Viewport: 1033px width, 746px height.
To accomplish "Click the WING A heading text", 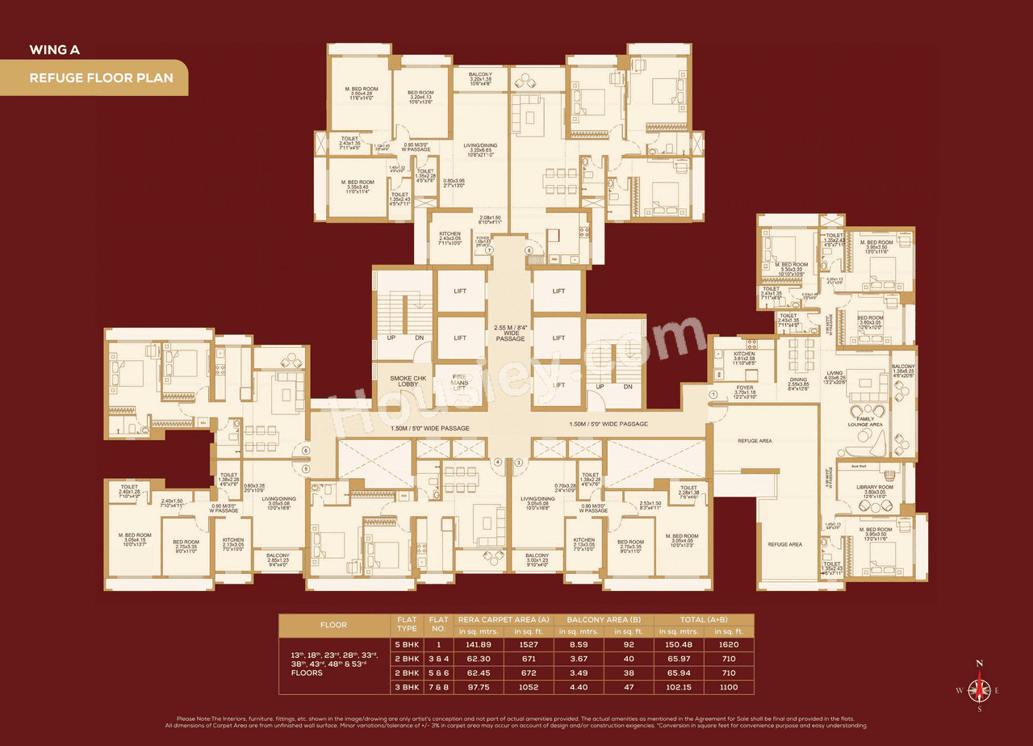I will (x=54, y=49).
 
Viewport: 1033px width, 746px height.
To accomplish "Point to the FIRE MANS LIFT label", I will (x=460, y=379).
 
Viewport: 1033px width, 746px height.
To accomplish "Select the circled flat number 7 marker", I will (x=488, y=251).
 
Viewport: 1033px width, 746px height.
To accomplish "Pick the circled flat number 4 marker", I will (x=498, y=462).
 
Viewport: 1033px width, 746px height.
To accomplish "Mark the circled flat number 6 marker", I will (x=306, y=451).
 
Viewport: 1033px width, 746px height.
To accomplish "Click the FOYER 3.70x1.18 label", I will (x=743, y=392).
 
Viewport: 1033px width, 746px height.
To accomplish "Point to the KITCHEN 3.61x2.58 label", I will (x=744, y=358).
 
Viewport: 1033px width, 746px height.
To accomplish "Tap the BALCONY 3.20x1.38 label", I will (x=486, y=78).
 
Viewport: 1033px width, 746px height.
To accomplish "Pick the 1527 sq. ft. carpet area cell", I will (x=525, y=644).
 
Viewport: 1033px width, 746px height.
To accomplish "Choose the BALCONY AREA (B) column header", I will (x=603, y=619).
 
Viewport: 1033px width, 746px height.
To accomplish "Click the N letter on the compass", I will (x=980, y=663).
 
